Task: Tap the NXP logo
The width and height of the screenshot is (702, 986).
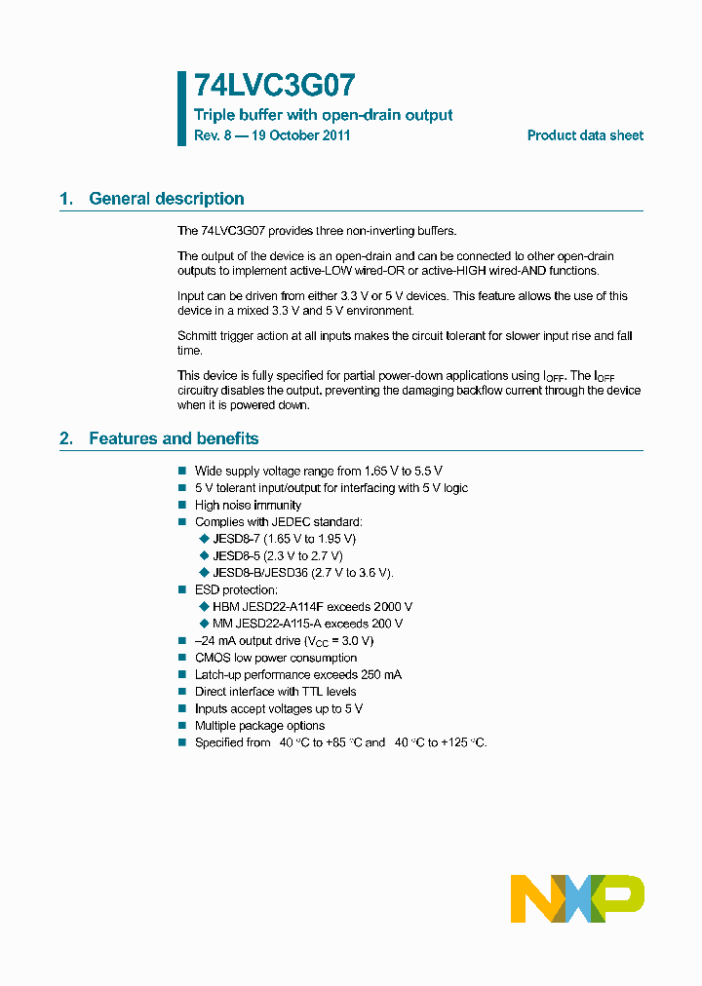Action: [577, 898]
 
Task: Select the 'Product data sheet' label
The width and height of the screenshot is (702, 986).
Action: [585, 135]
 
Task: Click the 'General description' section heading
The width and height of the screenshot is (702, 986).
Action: [167, 199]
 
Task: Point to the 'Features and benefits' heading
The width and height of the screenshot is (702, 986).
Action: [174, 438]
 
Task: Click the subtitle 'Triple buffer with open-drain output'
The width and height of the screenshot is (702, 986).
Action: [323, 115]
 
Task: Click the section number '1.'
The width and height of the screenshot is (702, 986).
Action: [66, 199]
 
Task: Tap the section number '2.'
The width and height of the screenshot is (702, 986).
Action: [66, 438]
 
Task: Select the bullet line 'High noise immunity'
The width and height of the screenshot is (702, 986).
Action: [248, 505]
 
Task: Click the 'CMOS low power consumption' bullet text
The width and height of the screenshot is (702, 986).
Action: [276, 658]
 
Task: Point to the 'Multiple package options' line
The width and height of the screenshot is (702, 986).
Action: [259, 726]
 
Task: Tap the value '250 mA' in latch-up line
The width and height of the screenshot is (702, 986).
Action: [380, 674]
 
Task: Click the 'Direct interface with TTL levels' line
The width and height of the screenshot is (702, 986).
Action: [275, 692]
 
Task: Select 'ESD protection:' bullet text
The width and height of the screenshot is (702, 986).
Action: [236, 589]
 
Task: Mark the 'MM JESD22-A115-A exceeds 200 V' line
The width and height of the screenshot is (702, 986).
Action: [307, 624]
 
